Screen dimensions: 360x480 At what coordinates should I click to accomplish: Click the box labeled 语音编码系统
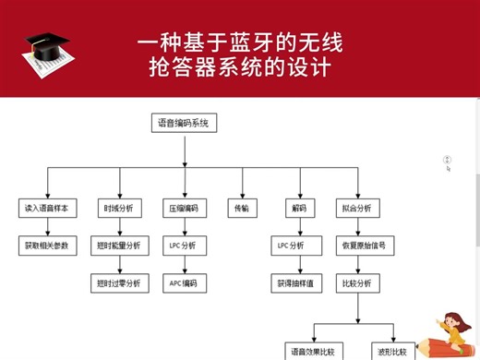(x=184, y=123)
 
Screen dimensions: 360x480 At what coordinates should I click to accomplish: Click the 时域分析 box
(x=118, y=209)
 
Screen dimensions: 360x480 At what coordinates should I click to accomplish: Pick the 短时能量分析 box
(x=118, y=246)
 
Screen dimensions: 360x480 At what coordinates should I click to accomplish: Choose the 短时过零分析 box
(x=118, y=282)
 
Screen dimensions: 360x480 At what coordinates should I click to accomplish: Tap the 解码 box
(x=297, y=209)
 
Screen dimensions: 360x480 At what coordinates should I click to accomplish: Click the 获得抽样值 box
(x=297, y=282)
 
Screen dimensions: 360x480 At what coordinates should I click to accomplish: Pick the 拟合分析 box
(x=355, y=209)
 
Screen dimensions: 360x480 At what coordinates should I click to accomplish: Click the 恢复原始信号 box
(x=355, y=246)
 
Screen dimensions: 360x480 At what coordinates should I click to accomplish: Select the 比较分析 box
(x=355, y=282)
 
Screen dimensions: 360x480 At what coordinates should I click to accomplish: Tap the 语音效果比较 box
(x=313, y=352)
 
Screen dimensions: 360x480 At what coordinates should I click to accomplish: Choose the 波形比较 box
(x=390, y=352)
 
